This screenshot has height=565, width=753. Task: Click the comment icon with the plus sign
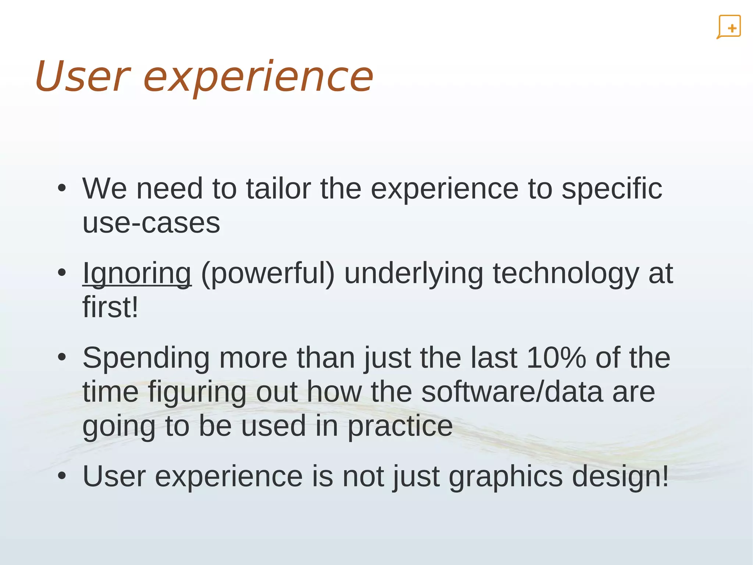tap(729, 27)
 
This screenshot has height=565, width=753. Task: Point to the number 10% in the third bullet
tap(556, 358)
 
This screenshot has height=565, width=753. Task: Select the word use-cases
tap(151, 223)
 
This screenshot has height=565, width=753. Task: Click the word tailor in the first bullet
tap(278, 189)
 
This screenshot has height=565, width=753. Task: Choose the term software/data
tap(512, 392)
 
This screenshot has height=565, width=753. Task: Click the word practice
tap(400, 426)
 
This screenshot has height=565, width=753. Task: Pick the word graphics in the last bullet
tap(506, 477)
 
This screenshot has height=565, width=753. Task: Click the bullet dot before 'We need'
tap(62, 188)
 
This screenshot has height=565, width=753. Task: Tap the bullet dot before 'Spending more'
tap(62, 357)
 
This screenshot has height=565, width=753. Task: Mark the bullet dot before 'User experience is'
tap(62, 476)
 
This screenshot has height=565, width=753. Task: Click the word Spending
tap(146, 359)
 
